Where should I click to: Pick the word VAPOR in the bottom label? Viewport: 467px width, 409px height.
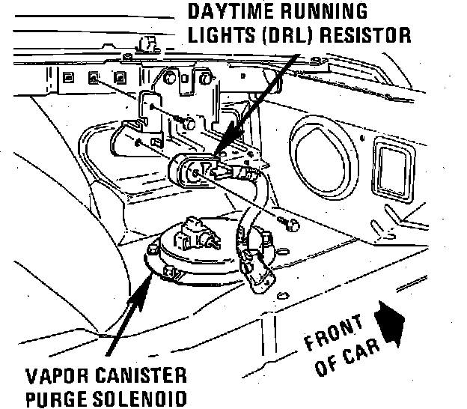tap(52, 374)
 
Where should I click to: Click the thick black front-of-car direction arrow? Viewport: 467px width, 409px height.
tap(391, 320)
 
